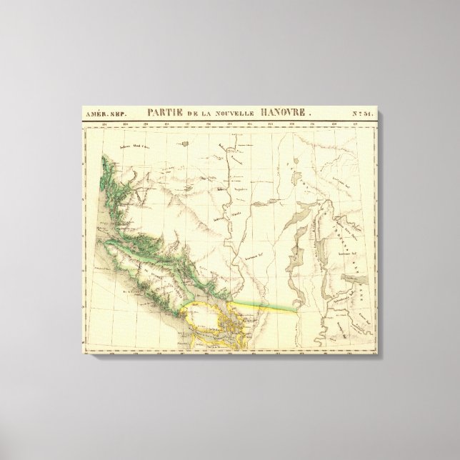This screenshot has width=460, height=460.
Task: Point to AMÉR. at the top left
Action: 95,114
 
